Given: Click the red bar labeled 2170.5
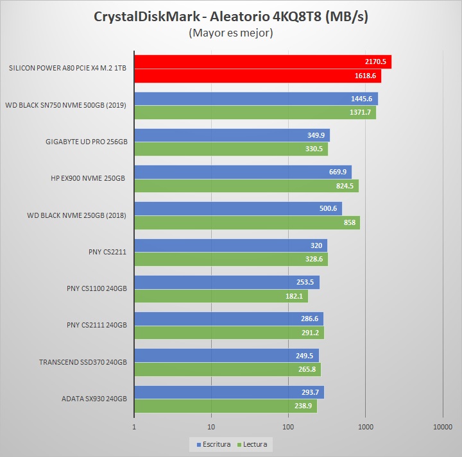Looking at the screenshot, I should (262, 62).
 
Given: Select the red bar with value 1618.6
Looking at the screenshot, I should (257, 76).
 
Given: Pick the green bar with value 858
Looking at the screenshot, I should (247, 222).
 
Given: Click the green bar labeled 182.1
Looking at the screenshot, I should (221, 296).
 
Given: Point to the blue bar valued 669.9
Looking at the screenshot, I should (243, 172).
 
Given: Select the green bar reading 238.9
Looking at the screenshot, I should (225, 406).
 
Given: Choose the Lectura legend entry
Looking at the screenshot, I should (253, 444).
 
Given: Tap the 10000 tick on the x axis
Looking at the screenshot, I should (442, 426).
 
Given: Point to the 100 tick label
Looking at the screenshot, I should (288, 426).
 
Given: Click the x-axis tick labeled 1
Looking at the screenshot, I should (134, 426).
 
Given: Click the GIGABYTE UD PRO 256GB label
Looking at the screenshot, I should (87, 142).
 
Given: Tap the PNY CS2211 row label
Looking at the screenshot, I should (107, 252).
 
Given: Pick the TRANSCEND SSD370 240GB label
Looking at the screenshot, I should (83, 362).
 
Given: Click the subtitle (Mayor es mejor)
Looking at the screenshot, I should (230, 33).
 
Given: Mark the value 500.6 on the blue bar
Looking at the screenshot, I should (327, 209).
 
